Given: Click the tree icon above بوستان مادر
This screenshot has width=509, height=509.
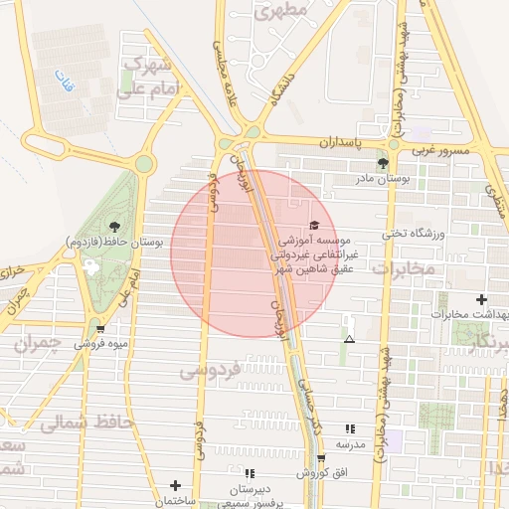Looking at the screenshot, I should point(383,163).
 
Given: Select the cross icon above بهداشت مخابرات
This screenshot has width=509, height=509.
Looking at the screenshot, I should point(482,299).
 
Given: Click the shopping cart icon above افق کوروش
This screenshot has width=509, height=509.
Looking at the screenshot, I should point(320,458).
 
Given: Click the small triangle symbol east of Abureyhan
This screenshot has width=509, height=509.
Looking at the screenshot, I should point(348,340).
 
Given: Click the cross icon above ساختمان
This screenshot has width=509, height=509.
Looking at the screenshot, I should point(175,485).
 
